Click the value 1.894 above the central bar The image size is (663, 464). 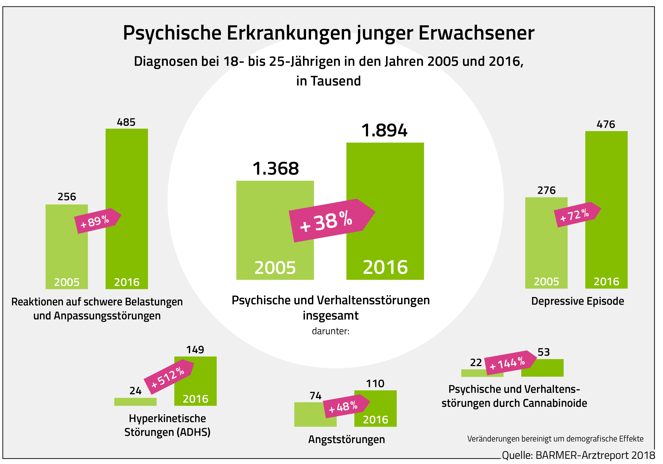(384, 130)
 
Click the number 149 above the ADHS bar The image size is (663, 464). (195, 350)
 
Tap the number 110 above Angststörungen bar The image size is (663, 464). (375, 383)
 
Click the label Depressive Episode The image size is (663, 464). (578, 301)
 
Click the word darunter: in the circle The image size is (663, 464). (331, 331)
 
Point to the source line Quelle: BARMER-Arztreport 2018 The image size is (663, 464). (578, 455)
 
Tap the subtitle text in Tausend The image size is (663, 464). (329, 81)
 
